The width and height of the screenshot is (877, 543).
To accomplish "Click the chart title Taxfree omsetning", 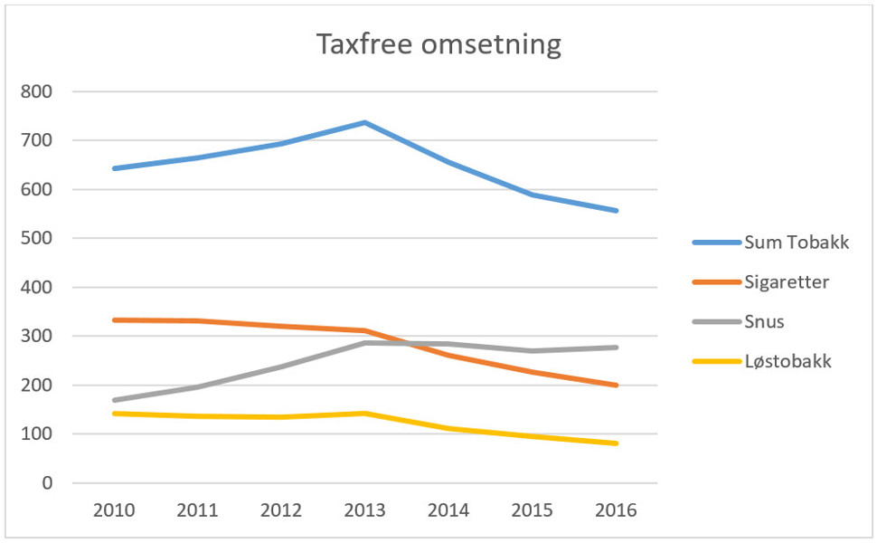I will (438, 44).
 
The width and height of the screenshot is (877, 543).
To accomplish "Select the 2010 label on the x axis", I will (114, 510).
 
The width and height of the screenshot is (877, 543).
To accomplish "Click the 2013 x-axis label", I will (365, 510).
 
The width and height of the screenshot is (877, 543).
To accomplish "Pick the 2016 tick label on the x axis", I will (617, 510).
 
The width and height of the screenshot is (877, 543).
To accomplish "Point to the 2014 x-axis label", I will (449, 510).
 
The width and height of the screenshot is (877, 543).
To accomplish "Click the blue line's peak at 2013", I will (365, 122).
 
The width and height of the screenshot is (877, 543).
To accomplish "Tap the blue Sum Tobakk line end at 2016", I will (617, 211).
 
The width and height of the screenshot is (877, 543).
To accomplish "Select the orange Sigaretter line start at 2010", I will (114, 319).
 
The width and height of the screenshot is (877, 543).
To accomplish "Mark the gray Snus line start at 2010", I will (114, 400).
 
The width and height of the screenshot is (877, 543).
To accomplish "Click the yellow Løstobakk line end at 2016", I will (617, 443).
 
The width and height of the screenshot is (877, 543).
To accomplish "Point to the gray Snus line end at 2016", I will (617, 348).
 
